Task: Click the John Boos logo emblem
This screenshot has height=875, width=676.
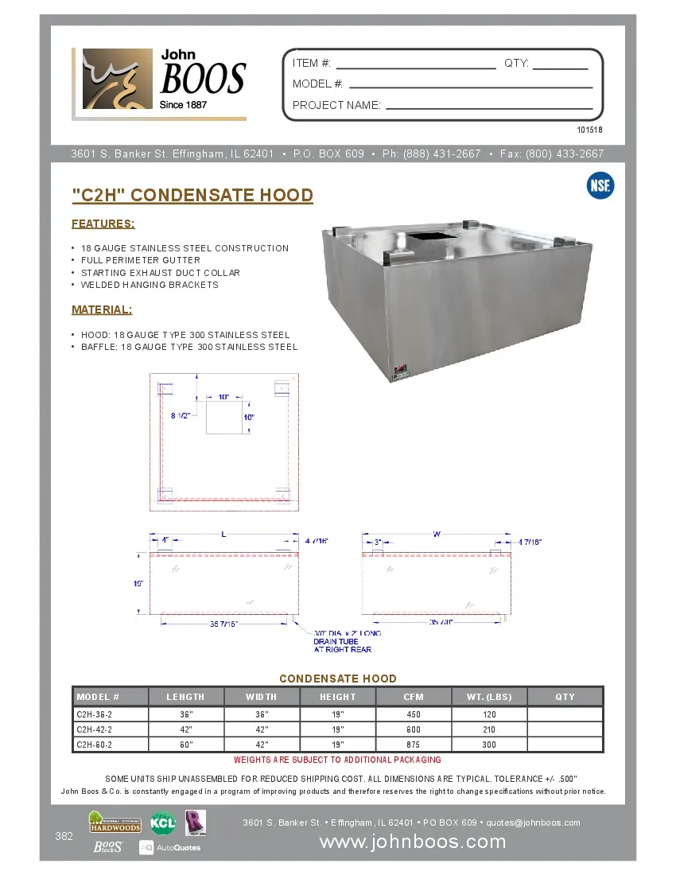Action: pos(116,80)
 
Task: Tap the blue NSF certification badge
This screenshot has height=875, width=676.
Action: pos(600,186)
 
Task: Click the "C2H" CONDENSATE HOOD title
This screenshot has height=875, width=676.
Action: pos(192,196)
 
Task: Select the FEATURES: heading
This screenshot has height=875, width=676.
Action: pos(103,224)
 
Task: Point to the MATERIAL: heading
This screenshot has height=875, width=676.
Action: pos(102,309)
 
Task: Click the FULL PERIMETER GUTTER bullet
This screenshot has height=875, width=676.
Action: pos(141,260)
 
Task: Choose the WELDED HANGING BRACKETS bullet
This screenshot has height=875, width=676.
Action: pos(150,285)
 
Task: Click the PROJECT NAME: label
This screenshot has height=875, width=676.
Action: pos(336,105)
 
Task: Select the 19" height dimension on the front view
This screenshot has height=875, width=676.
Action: pos(138,584)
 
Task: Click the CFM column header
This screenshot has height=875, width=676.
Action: pos(414,697)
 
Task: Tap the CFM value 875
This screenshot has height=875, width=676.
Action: pos(414,745)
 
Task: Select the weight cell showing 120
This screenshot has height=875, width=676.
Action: pos(489,714)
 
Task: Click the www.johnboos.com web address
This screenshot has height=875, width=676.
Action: pos(412,842)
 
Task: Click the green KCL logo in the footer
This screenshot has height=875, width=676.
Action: pos(163,822)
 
